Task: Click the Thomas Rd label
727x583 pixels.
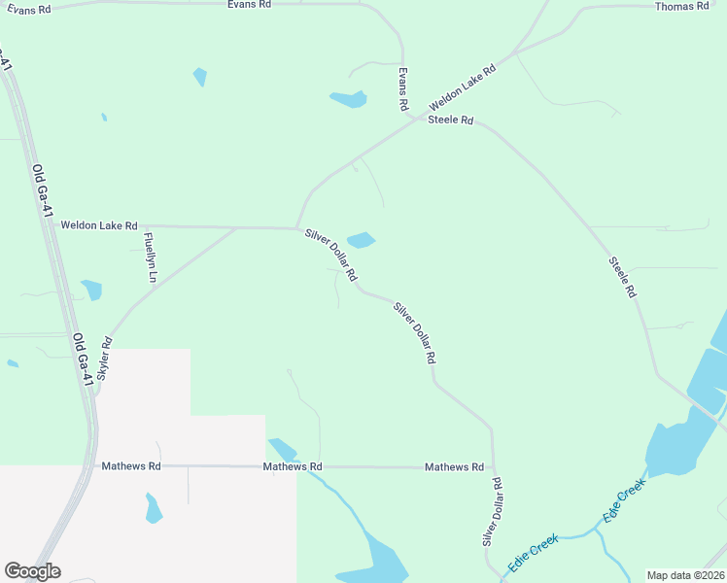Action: tap(681, 7)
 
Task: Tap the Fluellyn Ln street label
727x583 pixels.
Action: tap(150, 257)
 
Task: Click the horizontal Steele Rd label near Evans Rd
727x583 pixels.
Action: tap(450, 120)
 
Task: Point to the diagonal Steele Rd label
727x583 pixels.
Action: tap(623, 276)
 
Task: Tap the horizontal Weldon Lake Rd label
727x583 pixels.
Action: tap(99, 224)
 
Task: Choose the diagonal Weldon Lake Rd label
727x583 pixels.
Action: tap(463, 86)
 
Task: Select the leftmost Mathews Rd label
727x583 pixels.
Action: tap(131, 466)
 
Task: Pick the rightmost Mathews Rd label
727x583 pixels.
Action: tap(454, 467)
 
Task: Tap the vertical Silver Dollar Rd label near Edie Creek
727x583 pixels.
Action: tap(491, 511)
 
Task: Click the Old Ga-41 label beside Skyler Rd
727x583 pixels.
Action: tap(83, 360)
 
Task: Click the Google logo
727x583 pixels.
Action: tap(32, 571)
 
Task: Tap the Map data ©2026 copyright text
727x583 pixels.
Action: tap(685, 575)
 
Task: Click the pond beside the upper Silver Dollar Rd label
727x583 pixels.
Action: tap(362, 239)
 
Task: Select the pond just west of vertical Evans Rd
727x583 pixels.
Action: tap(348, 98)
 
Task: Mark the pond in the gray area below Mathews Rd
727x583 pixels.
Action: tap(153, 508)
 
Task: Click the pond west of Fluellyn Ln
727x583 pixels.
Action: tap(92, 289)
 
